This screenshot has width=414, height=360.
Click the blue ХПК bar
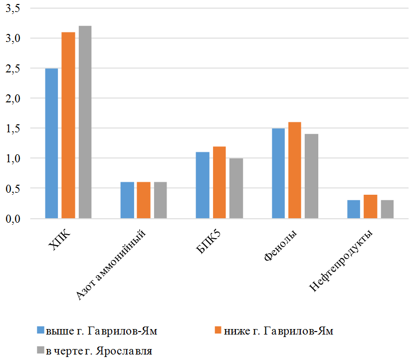[x=51, y=143]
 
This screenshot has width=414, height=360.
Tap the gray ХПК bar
[x=85, y=122]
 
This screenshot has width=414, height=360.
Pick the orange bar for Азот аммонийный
[x=144, y=200]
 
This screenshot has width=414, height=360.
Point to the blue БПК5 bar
[x=202, y=185]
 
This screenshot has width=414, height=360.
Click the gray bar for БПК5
[x=236, y=188]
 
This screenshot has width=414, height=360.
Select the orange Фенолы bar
[x=294, y=170]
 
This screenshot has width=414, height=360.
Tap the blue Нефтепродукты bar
[x=353, y=209]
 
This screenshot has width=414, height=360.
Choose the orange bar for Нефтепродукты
[x=370, y=206]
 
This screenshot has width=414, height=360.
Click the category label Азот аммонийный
[x=112, y=265]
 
